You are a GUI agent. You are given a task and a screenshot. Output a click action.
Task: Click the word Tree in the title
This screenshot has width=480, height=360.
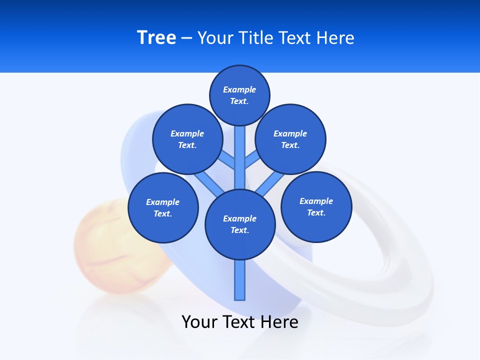[x=156, y=37]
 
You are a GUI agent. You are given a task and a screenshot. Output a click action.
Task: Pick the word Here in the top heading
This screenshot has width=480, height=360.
[x=336, y=38]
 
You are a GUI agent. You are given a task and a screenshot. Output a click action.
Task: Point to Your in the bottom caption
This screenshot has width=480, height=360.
[x=199, y=322]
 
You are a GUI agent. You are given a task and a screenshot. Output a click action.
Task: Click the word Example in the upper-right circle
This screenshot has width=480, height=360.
[x=290, y=133]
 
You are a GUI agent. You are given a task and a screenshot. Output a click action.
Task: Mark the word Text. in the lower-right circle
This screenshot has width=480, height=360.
[x=316, y=212]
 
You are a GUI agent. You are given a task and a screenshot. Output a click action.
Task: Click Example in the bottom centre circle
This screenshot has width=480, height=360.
[x=239, y=218]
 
